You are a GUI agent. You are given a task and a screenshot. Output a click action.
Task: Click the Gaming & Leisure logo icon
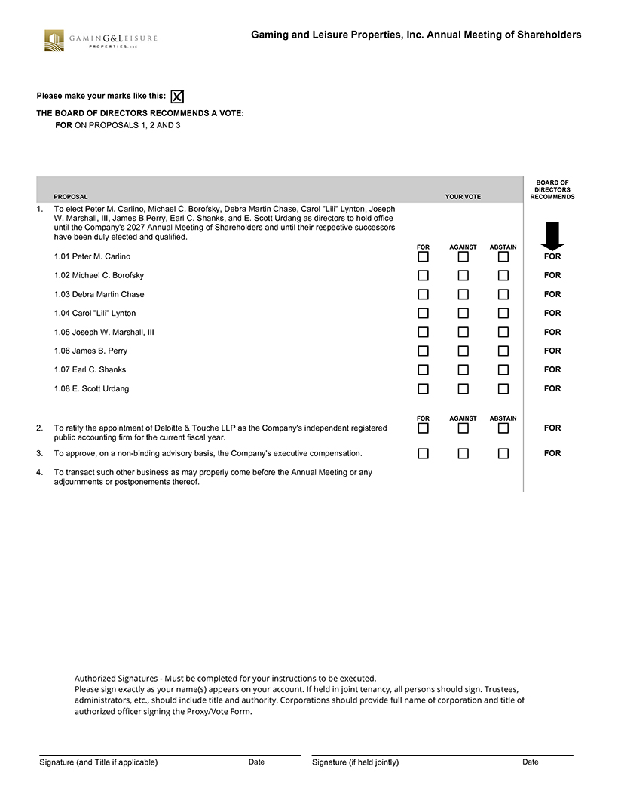pos(54,40)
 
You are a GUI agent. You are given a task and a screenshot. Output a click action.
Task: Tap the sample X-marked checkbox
pos(177,97)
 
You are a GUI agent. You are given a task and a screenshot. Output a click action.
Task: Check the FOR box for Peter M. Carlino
pos(424,256)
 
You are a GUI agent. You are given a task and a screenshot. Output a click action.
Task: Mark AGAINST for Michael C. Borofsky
pos(463,275)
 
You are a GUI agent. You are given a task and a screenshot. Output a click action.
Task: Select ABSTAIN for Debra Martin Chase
pos(503,294)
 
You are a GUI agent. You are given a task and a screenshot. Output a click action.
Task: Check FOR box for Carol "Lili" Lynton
pos(424,313)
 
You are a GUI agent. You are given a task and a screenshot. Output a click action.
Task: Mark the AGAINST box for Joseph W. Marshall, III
pos(463,332)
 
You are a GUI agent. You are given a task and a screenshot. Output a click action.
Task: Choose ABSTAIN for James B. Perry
pos(503,351)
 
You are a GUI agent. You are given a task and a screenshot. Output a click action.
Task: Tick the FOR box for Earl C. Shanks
pos(424,369)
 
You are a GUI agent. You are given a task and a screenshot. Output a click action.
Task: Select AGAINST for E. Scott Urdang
pos(463,388)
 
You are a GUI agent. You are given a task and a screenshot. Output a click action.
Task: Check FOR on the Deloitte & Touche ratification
pos(424,428)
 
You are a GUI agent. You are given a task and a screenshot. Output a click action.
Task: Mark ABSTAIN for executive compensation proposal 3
pos(503,453)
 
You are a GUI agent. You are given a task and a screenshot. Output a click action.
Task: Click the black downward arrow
pos(552,235)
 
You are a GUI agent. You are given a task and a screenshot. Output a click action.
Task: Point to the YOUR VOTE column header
pos(463,197)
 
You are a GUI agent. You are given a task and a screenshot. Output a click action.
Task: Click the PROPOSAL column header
pos(70,197)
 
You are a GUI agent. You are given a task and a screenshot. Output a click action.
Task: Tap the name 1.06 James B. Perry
pos(90,351)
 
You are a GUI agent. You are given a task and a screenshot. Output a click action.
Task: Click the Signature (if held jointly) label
pos(355,762)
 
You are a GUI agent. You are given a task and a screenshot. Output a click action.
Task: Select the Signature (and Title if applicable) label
pos(99,762)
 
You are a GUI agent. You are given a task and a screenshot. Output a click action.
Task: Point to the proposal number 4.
pos(40,473)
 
